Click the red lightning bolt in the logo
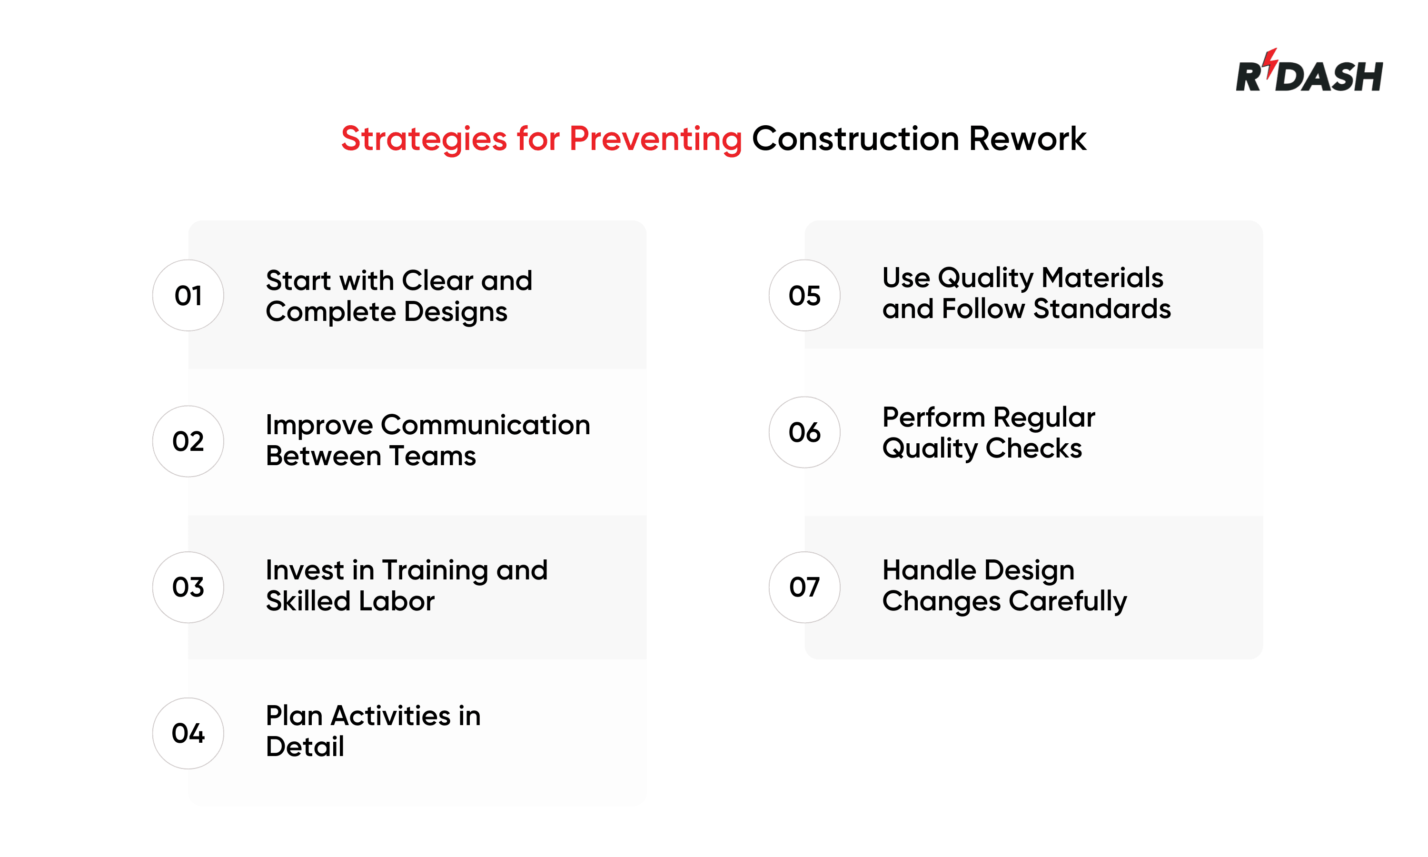pos(1270,62)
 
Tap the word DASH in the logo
pos(1329,77)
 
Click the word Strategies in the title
pos(424,139)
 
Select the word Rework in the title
pos(1027,139)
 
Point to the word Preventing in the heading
pos(655,139)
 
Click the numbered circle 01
pos(188,295)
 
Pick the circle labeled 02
pos(188,441)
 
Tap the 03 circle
pos(188,587)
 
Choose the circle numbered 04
pos(188,733)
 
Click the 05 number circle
pos(804,295)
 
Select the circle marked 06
pos(804,432)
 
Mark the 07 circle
pos(804,587)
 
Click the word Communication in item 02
pos(486,425)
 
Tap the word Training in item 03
pos(436,570)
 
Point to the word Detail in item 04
pos(305,747)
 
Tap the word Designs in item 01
pos(456,312)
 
